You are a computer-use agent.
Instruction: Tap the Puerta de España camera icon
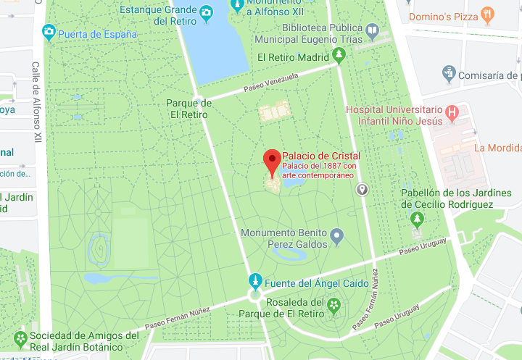point(49,32)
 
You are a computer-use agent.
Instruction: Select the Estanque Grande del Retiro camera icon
point(206,12)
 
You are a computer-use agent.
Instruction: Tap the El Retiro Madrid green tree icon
point(338,55)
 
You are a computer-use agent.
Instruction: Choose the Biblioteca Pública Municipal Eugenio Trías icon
point(372,30)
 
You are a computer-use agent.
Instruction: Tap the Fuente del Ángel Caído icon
point(255,281)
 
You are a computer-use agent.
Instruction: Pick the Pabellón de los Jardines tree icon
point(417,218)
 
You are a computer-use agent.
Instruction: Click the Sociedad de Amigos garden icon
point(20,338)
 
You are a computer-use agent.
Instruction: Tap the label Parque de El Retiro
point(188,109)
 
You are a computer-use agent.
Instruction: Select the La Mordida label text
point(497,148)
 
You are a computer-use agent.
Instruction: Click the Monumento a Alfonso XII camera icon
point(236,5)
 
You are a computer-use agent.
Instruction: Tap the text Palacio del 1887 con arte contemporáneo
point(318,170)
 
